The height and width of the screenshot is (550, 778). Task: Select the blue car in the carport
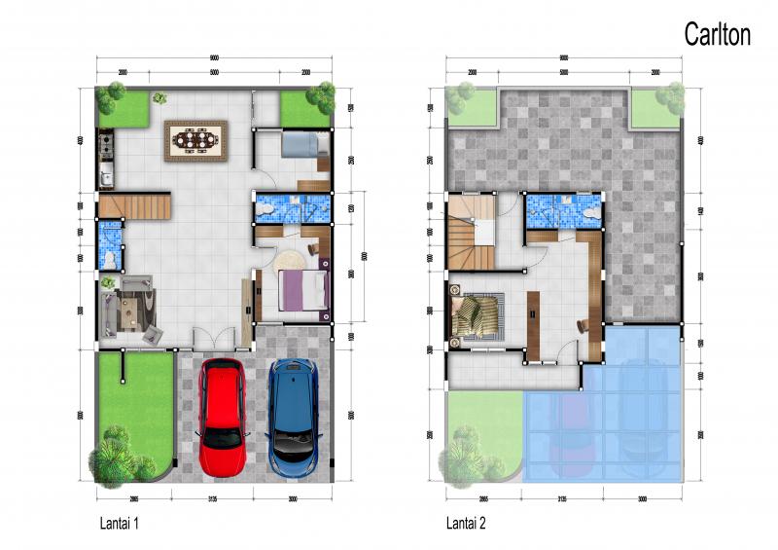[x=294, y=418]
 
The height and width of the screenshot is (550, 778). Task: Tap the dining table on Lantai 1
[x=196, y=139]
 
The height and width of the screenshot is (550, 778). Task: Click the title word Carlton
[x=717, y=35]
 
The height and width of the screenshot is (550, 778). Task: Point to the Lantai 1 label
[x=120, y=524]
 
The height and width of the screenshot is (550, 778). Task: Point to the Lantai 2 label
[x=466, y=524]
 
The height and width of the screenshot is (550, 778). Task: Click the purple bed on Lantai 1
[x=302, y=291]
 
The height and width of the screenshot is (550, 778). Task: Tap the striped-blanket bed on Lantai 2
[x=477, y=314]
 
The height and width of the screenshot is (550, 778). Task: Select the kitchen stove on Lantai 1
[x=105, y=147]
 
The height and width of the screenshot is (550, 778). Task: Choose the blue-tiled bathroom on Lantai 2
[x=562, y=209]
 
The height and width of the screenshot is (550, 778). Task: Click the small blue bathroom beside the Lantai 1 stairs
[x=110, y=244]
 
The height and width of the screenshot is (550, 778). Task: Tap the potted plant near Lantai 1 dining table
[x=159, y=97]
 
